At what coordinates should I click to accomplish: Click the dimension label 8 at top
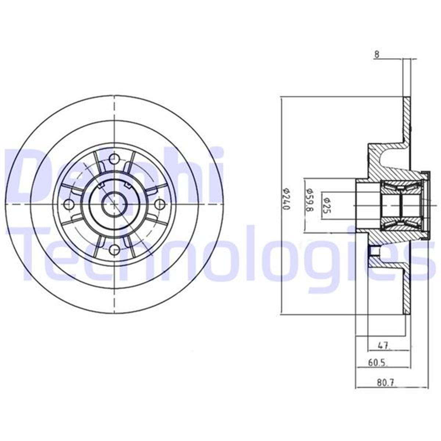point(376,54)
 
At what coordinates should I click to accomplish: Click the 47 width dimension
point(383,345)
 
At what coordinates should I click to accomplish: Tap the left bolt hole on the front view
point(69,204)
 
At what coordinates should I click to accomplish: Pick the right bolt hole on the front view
point(160,204)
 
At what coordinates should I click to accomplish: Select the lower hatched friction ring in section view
point(406,290)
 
